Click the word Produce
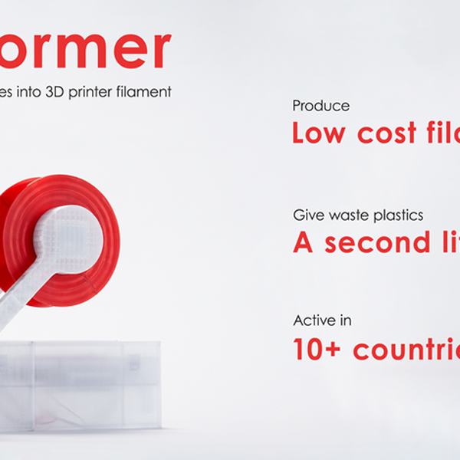(321, 107)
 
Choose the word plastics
(396, 216)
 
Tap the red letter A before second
(303, 242)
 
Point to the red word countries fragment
(406, 349)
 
